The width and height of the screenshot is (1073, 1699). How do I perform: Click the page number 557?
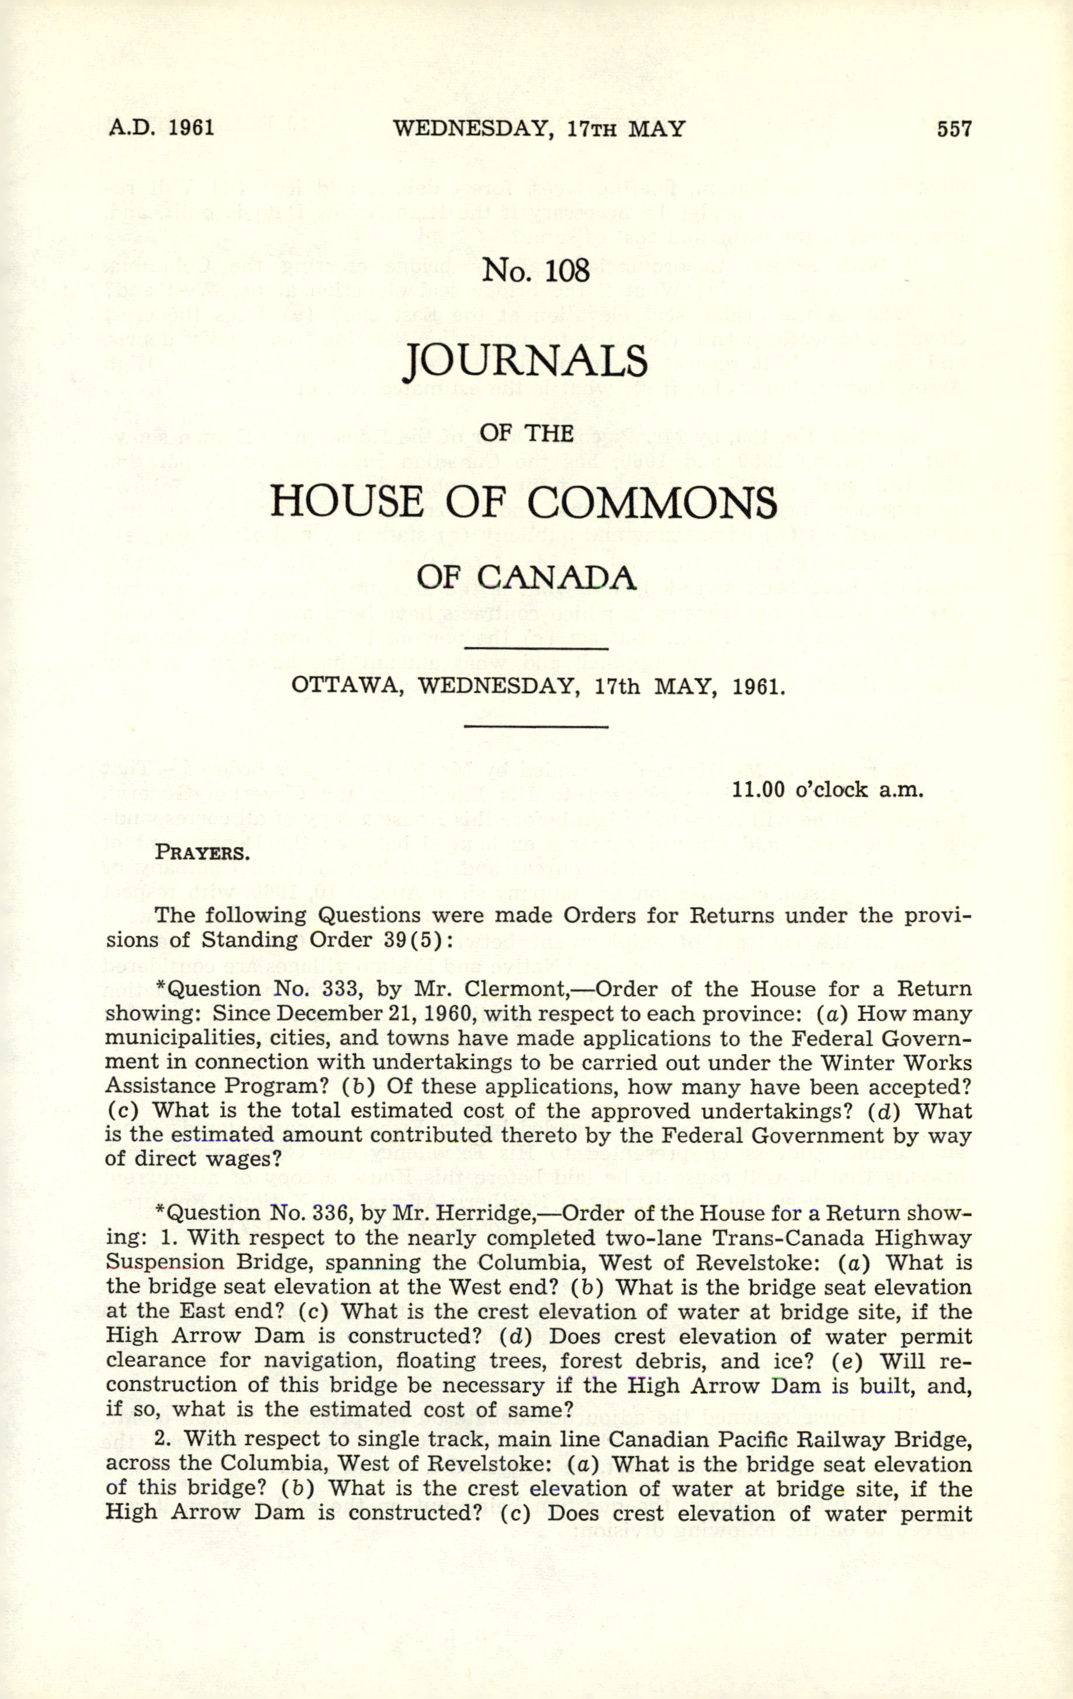[954, 129]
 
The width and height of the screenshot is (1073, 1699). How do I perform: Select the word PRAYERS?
[202, 852]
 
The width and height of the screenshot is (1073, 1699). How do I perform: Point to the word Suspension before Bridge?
[164, 1262]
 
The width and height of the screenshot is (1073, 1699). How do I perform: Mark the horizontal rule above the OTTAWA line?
[536, 648]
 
